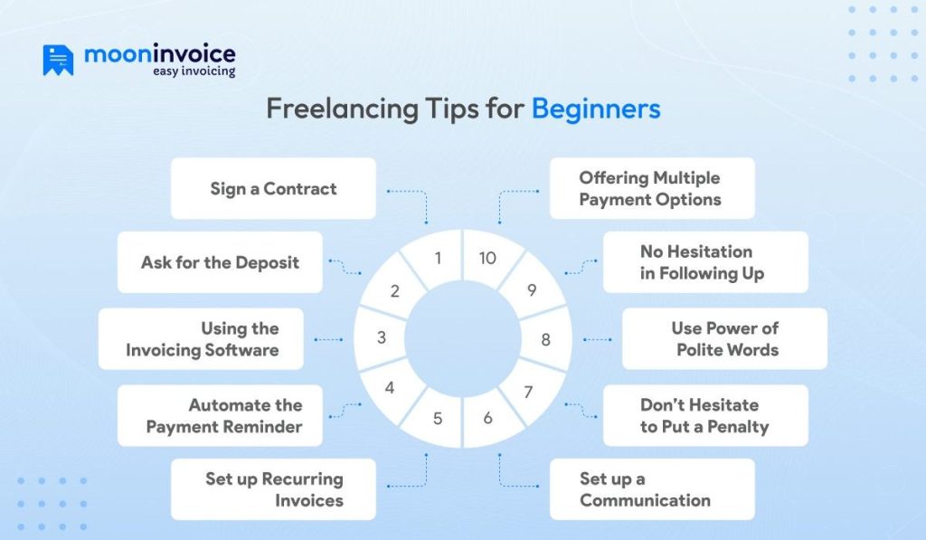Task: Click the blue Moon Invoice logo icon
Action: click(x=57, y=61)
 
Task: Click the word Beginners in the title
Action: click(x=595, y=109)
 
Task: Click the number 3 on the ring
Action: click(x=382, y=337)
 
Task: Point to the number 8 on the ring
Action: click(x=545, y=340)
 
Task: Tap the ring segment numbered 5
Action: click(x=438, y=419)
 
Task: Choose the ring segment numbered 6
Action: click(x=488, y=419)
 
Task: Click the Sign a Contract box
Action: click(x=273, y=188)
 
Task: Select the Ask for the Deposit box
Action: click(x=220, y=262)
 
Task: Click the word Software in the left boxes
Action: click(x=240, y=349)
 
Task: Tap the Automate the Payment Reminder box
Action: click(x=220, y=415)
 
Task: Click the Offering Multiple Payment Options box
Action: click(x=651, y=188)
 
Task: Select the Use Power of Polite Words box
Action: click(x=724, y=338)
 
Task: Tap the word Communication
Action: click(x=645, y=500)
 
